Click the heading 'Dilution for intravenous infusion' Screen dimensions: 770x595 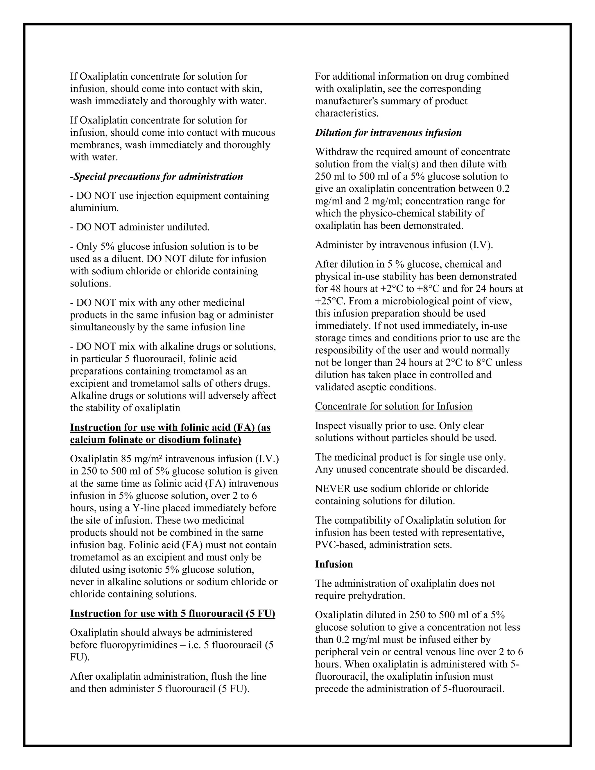coord(388,133)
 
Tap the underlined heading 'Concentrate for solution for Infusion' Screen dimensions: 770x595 coord(393,407)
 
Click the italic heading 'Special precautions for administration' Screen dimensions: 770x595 coord(157,177)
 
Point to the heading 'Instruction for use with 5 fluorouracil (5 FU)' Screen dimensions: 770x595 coord(172,613)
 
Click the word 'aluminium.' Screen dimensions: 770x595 coord(94,208)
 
